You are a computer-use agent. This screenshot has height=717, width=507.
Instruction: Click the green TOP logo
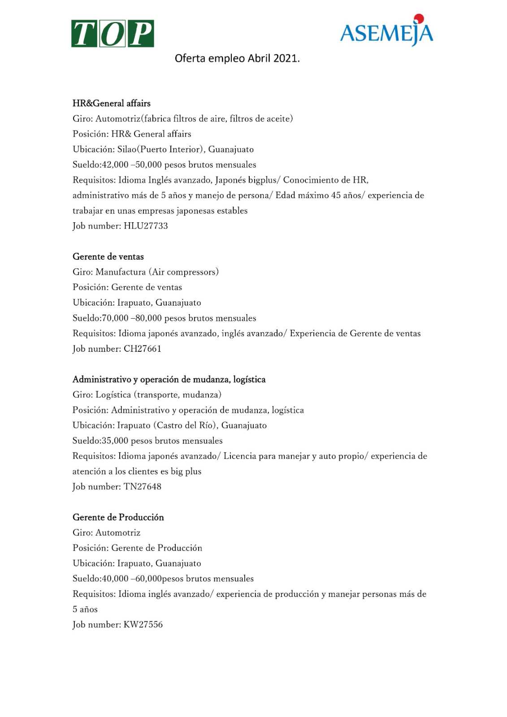click(113, 34)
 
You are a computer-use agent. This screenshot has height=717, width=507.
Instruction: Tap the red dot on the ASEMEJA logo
click(419, 18)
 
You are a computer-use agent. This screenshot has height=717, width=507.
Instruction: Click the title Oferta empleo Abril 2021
click(237, 58)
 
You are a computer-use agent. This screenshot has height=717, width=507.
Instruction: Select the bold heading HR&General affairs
click(112, 104)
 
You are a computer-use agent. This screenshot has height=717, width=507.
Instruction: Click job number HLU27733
click(146, 226)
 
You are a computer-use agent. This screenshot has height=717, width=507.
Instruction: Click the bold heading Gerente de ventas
click(108, 257)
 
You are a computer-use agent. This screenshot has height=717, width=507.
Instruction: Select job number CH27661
click(143, 349)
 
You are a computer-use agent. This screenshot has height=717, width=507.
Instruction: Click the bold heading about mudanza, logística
click(169, 380)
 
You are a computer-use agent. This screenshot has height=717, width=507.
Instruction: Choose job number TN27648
click(143, 487)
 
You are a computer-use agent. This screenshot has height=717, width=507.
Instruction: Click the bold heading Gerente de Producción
click(118, 518)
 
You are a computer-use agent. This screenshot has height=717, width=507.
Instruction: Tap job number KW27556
click(143, 625)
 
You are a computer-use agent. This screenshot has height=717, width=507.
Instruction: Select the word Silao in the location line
click(127, 150)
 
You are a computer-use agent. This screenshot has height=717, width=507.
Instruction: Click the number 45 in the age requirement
click(336, 195)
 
